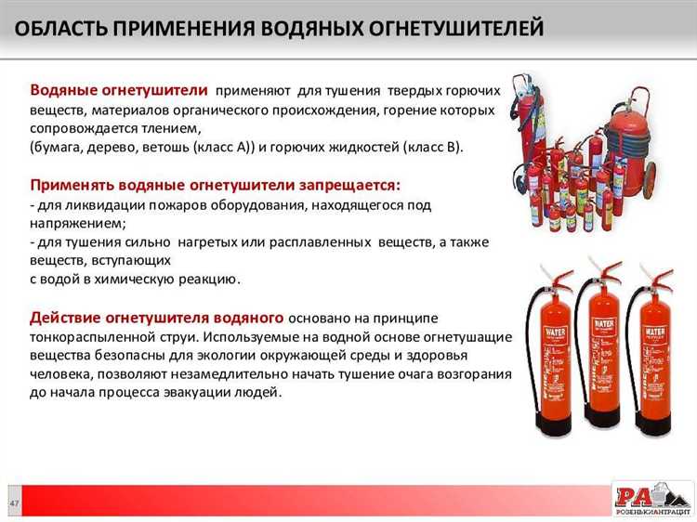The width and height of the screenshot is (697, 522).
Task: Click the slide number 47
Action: pos(15,502)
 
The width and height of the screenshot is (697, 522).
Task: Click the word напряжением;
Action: pos(77,223)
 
